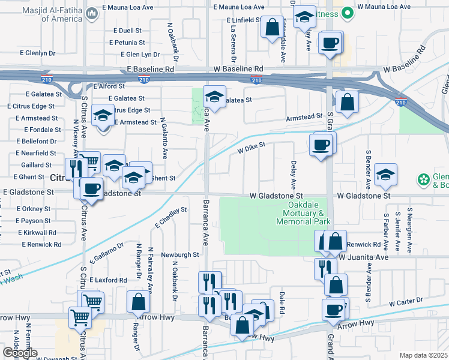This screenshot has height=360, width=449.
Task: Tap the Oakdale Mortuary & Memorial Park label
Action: coord(303,214)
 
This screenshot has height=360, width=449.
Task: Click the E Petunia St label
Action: coord(127,43)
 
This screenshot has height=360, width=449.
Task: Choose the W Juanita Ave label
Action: coord(364,257)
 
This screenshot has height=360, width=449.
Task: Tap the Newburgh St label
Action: coord(179,254)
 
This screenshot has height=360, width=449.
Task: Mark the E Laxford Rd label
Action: coord(108,280)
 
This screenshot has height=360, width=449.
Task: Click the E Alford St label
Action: coord(109,86)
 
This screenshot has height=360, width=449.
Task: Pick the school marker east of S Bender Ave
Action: coord(385,175)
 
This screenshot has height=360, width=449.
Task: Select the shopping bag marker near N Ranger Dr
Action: coord(139,302)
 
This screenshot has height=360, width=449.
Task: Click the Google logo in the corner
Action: coord(20,353)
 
